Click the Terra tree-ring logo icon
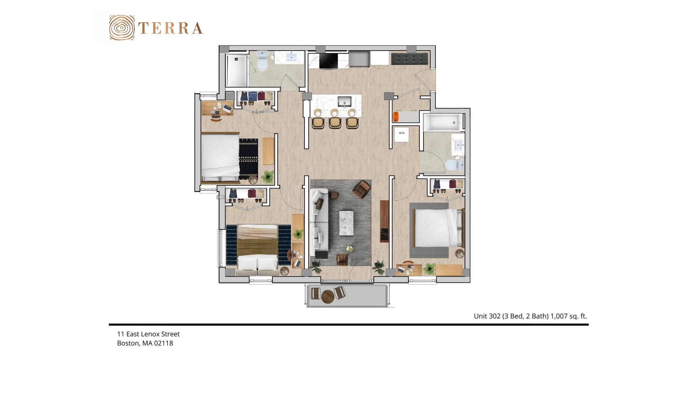pyautogui.click(x=122, y=28)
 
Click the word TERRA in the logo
pyautogui.click(x=171, y=28)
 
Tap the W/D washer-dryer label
pyautogui.click(x=402, y=133)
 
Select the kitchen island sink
pyautogui.click(x=345, y=102)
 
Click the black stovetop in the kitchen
pyautogui.click(x=328, y=61)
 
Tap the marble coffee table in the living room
pyautogui.click(x=346, y=223)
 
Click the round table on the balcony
pyautogui.click(x=328, y=297)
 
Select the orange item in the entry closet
pyautogui.click(x=396, y=116)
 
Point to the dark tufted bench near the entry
pyautogui.click(x=409, y=58)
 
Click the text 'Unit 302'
pyautogui.click(x=487, y=316)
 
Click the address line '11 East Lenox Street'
pyautogui.click(x=148, y=334)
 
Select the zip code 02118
pyautogui.click(x=163, y=343)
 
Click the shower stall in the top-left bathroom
pyautogui.click(x=237, y=70)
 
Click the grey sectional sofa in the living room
pyautogui.click(x=319, y=223)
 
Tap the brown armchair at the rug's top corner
pyautogui.click(x=362, y=189)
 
